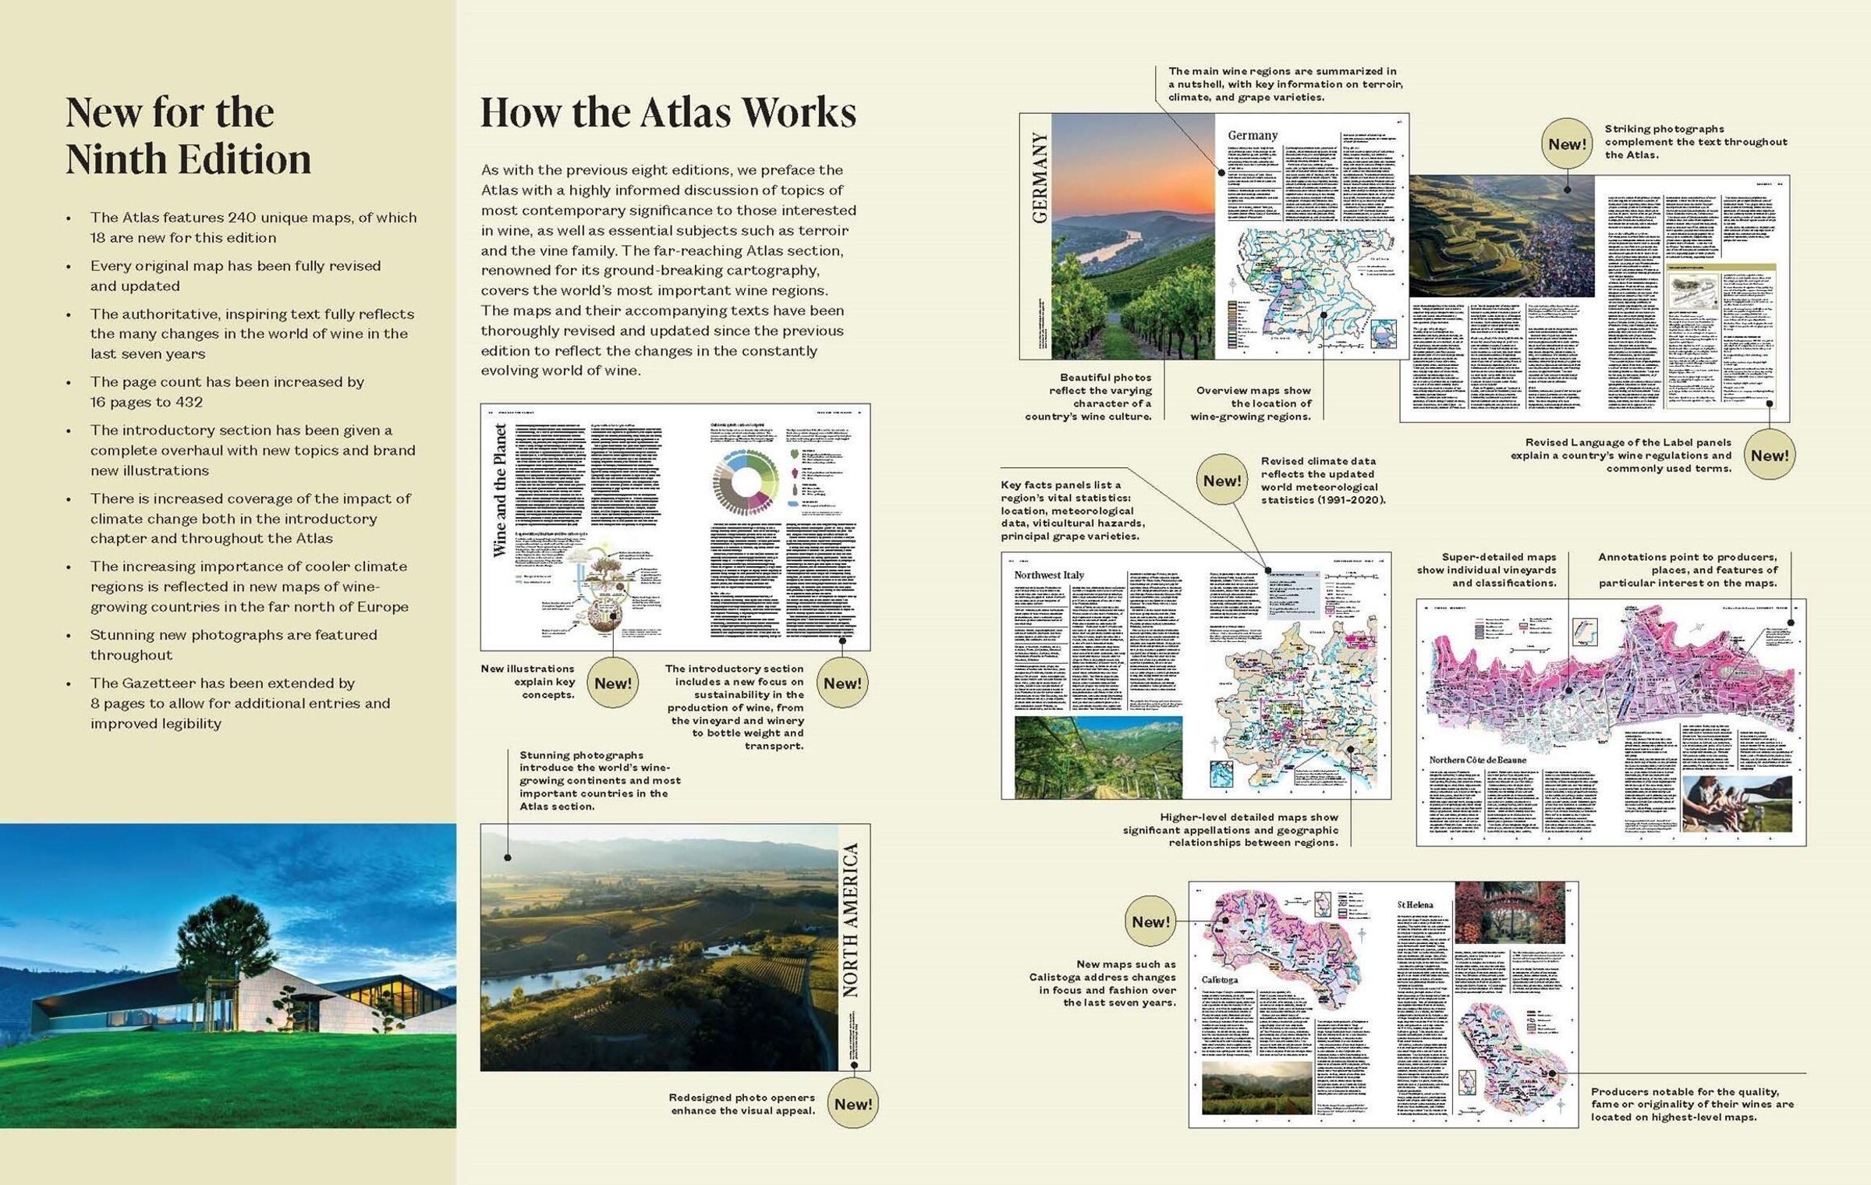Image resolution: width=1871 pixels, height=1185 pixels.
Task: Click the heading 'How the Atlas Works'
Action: coord(668,112)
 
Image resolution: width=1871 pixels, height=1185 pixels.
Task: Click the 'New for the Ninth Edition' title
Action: coord(188,135)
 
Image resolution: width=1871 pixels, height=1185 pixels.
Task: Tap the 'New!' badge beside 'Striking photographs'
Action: coord(1567,144)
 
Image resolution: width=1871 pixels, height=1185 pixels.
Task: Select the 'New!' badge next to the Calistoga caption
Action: coord(1150,922)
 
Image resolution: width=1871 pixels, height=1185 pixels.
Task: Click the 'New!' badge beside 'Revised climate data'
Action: coord(1221,481)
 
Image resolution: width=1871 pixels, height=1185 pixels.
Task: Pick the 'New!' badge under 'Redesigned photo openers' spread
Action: coord(852,1104)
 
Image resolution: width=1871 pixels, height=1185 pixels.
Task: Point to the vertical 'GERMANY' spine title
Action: coord(1039,178)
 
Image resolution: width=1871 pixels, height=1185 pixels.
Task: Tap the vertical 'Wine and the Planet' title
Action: coord(500,490)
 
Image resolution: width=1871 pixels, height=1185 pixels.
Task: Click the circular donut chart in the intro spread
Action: coord(746,481)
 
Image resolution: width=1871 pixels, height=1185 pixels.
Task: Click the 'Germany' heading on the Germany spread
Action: coord(1253,136)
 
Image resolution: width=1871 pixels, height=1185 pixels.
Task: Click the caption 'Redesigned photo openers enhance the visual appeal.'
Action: coord(742,1104)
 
